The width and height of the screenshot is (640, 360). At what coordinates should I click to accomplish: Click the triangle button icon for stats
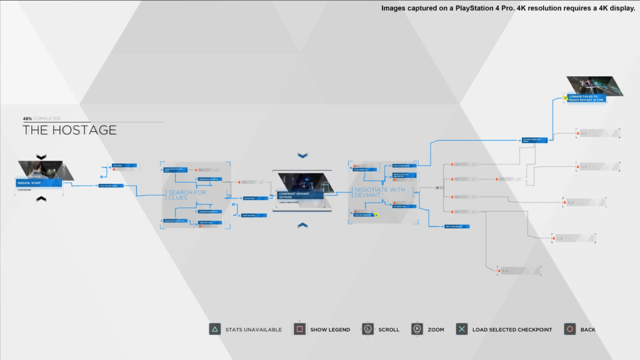click(214, 329)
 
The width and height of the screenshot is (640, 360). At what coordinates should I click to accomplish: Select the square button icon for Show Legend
click(299, 329)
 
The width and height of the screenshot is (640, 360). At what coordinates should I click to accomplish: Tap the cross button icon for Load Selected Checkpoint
click(462, 329)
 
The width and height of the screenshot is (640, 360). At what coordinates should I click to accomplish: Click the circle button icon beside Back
click(569, 329)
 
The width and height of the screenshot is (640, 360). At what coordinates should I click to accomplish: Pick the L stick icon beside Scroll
click(367, 329)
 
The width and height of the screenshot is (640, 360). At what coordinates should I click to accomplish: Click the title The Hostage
click(69, 130)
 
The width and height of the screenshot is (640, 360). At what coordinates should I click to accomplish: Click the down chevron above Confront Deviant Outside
click(303, 155)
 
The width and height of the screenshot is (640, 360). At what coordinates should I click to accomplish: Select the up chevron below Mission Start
click(41, 199)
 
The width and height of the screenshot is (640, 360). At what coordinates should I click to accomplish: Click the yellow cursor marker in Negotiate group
click(376, 215)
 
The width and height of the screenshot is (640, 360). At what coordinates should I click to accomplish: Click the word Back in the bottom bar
click(587, 329)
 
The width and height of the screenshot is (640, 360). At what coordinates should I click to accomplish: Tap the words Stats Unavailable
click(254, 329)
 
